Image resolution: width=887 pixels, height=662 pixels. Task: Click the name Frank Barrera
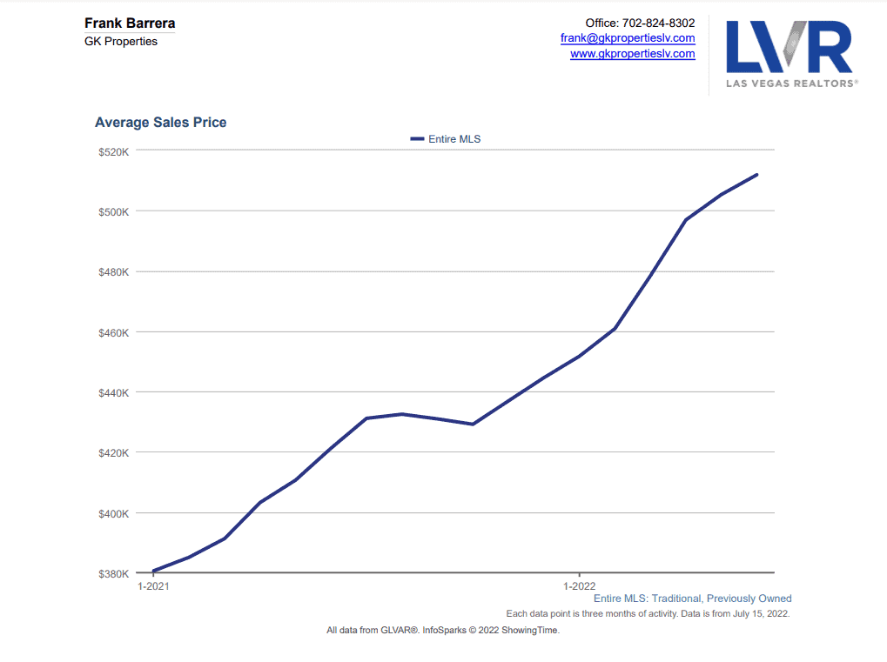pos(129,23)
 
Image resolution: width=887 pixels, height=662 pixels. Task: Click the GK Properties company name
pos(121,41)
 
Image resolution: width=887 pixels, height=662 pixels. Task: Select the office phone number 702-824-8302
pos(658,23)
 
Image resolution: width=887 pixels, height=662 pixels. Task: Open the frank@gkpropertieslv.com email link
pos(628,38)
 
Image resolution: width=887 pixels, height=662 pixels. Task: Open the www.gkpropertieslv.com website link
pos(632,54)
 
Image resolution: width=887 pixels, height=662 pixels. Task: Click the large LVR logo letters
pos(789,47)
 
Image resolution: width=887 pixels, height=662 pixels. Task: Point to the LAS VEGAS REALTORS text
pos(791,84)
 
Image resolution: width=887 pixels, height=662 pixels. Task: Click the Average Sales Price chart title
pos(160,123)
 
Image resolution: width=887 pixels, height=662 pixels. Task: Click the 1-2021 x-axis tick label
pos(154,586)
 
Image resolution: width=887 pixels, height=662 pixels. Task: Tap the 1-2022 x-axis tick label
pos(579,586)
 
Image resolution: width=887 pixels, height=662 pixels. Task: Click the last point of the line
pos(756,175)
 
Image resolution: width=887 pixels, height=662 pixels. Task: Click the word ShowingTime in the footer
pos(529,630)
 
